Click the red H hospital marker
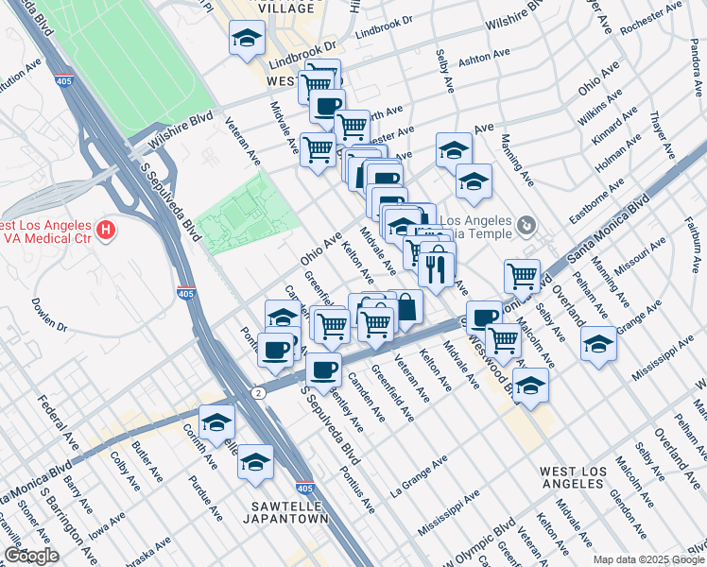coord(107,229)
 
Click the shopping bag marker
coord(405,306)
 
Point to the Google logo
coord(31,556)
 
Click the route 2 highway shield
coord(257,391)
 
